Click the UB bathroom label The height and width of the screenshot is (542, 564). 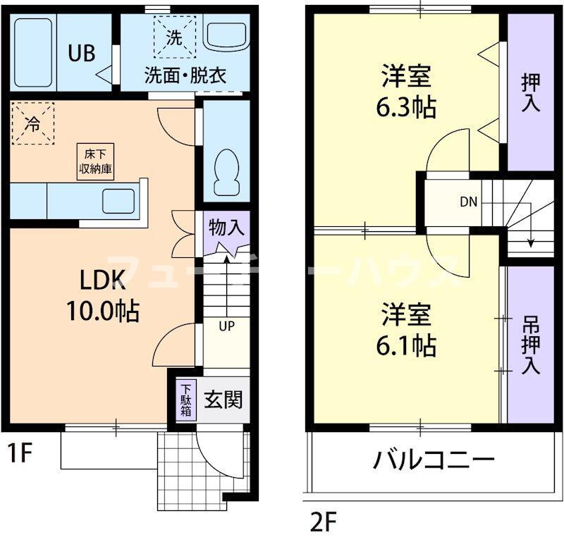point(82,54)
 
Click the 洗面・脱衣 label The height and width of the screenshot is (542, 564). point(185,75)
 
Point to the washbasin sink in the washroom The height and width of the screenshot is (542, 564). point(226,35)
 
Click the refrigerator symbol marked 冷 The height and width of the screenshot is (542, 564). point(32,123)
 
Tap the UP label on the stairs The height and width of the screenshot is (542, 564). point(226,326)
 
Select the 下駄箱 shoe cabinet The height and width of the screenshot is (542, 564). point(186,400)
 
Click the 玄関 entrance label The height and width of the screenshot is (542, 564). point(223,400)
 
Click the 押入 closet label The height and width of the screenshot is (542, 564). point(530,92)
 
